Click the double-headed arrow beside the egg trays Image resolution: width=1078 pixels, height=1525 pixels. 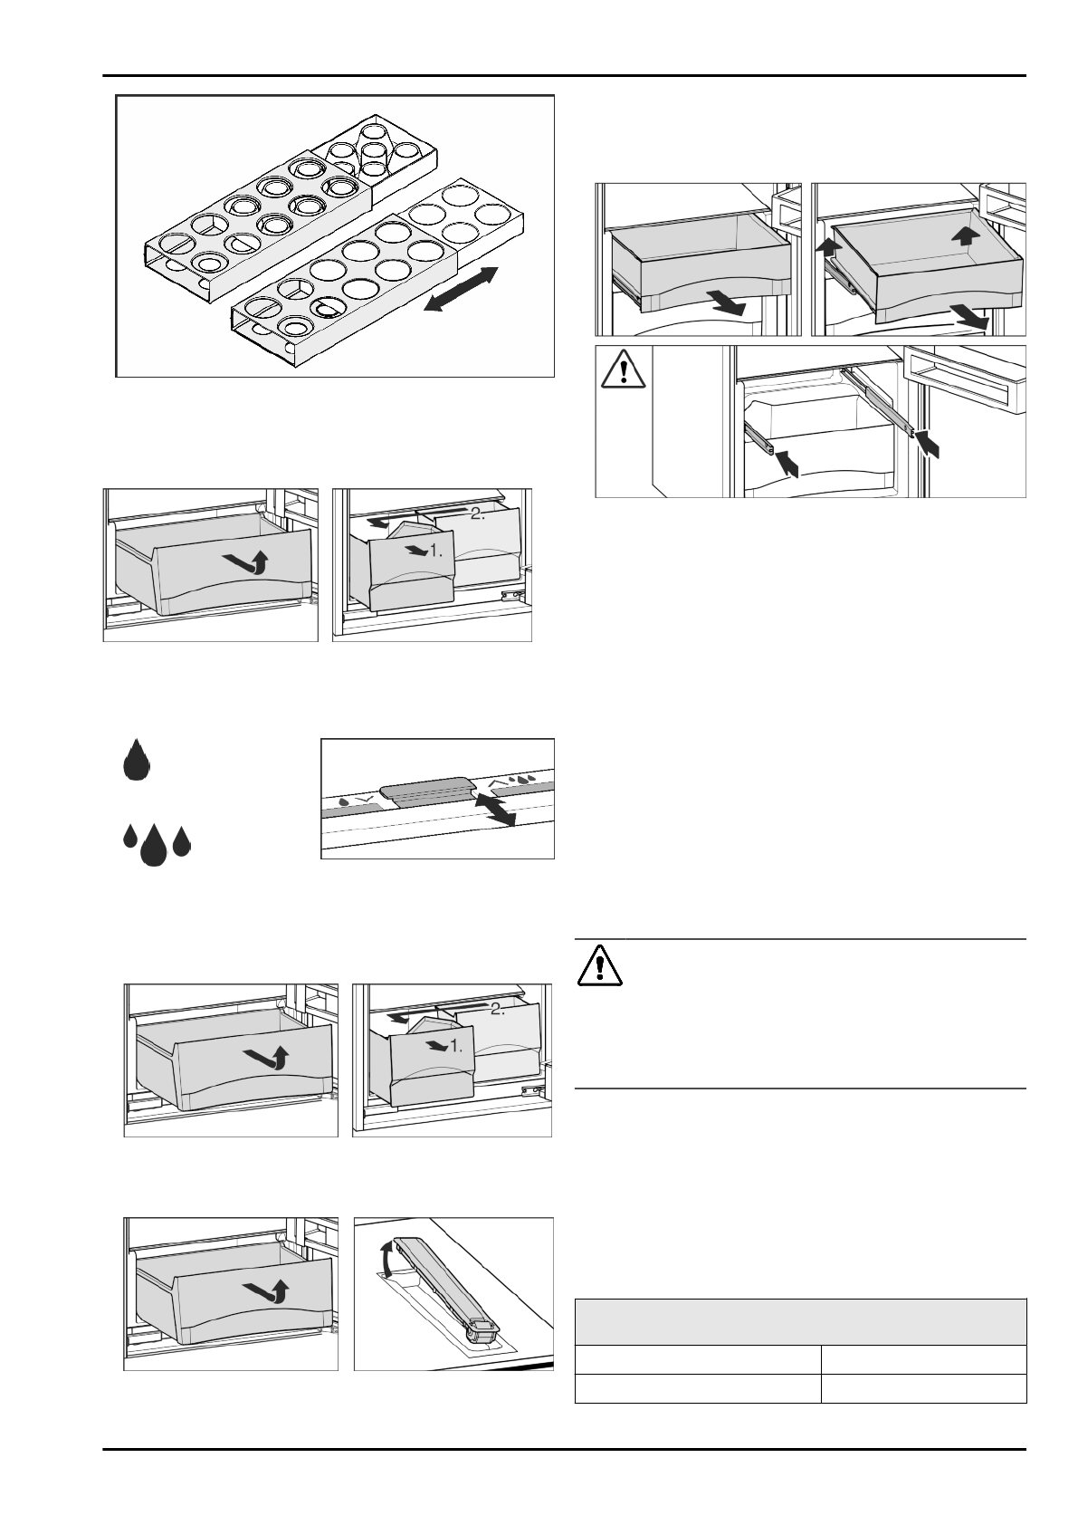click(461, 290)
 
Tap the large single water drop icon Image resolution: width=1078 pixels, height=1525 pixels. click(136, 759)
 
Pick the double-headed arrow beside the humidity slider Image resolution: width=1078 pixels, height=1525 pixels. click(494, 807)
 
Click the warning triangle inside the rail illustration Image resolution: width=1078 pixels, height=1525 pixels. click(623, 369)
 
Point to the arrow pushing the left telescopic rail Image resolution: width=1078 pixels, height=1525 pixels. click(787, 461)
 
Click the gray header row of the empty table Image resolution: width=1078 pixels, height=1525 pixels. click(800, 1321)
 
